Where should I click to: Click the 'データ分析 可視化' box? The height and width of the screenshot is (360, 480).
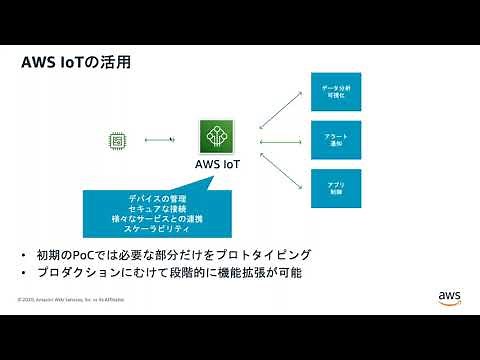[335, 92]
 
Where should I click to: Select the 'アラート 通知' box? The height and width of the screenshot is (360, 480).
[335, 139]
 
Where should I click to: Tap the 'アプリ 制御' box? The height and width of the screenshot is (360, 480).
[335, 187]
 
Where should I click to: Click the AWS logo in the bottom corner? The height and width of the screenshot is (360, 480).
[447, 295]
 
